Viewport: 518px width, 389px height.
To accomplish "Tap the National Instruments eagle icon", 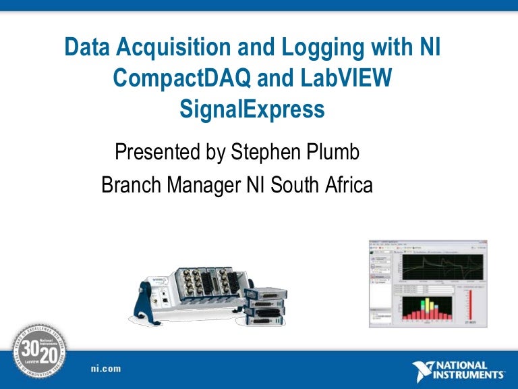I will (x=426, y=370).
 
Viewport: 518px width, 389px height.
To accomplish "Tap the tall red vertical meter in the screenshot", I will (x=471, y=304).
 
